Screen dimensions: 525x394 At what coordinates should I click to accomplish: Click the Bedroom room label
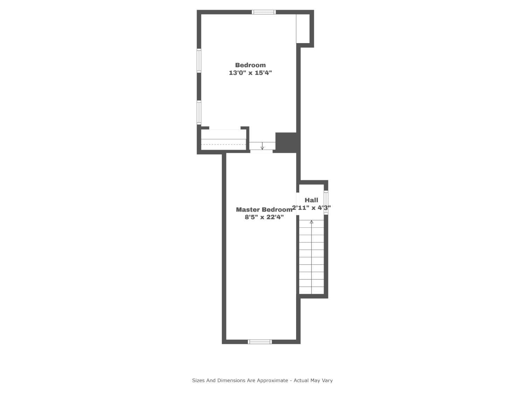250,65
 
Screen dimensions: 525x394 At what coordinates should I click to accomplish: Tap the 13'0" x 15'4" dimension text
250,73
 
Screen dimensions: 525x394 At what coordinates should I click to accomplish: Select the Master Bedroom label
264,209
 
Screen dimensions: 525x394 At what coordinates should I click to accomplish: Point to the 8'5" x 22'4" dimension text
264,217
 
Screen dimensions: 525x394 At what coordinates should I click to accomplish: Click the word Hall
311,200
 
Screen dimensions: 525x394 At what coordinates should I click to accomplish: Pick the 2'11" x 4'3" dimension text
311,208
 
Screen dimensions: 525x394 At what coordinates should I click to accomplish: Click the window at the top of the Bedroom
264,12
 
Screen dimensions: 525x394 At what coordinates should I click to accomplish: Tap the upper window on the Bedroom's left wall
199,61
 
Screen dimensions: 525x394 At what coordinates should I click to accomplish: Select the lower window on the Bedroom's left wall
199,112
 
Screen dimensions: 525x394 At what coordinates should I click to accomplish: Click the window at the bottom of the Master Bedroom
260,341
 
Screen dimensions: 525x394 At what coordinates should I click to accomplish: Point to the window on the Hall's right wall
326,202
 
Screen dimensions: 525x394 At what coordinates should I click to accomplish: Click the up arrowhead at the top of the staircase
311,222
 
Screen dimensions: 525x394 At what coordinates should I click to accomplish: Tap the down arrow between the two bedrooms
262,146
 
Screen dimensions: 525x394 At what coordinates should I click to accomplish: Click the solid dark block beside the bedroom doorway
286,142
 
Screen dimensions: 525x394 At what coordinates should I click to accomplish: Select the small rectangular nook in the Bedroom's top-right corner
303,29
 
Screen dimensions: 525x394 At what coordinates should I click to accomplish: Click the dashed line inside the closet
224,145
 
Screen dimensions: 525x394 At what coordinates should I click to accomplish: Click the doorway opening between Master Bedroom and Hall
298,204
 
